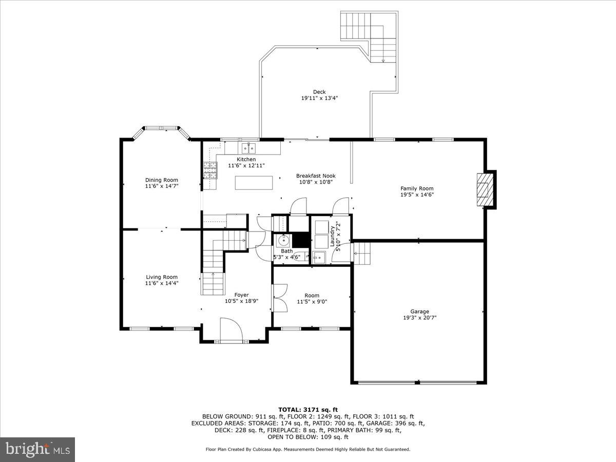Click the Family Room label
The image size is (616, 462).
[x=417, y=188]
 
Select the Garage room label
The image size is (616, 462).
[x=419, y=311]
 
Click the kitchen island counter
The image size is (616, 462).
[x=254, y=182]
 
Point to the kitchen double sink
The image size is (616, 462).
[x=248, y=148]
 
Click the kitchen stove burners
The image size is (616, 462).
[x=210, y=170]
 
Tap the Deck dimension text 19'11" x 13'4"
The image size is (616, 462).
[x=319, y=98]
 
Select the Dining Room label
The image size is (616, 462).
[x=161, y=180]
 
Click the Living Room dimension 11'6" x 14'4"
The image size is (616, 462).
[x=161, y=283]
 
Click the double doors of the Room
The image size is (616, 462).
[x=279, y=298]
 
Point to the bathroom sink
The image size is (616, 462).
[x=284, y=240]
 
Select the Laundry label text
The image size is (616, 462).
[x=332, y=236]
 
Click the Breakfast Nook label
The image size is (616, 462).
[x=315, y=176]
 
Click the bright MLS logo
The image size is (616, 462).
[x=37, y=450]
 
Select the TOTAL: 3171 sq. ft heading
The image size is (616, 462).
[x=307, y=410]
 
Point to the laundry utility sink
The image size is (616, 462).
[x=319, y=257]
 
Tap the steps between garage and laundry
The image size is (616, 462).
[x=362, y=253]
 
